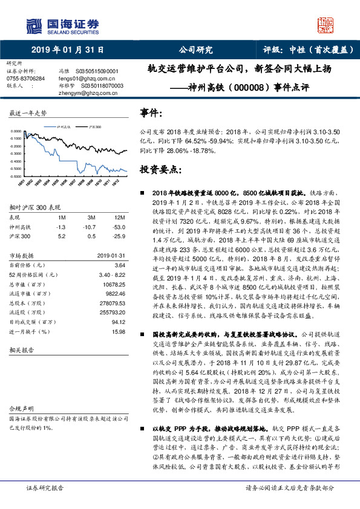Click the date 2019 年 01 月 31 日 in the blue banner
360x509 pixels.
point(67,50)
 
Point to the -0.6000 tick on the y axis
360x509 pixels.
point(17,177)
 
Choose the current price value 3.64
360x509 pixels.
point(120,264)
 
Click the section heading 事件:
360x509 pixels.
point(151,113)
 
